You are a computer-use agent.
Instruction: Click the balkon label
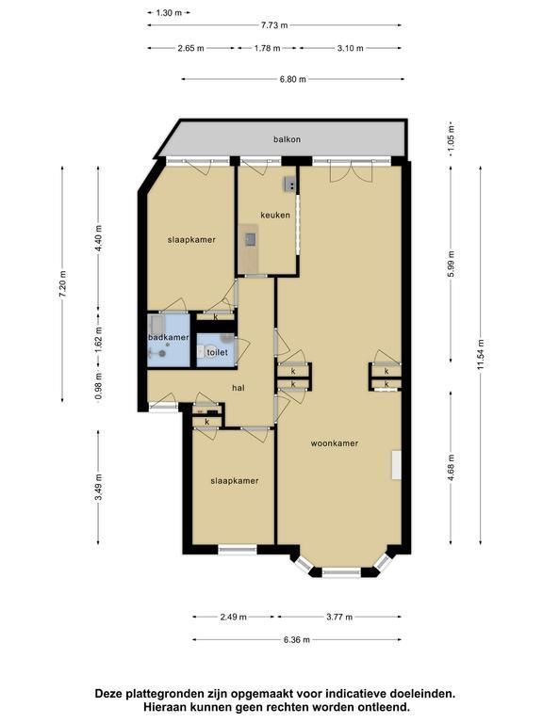(287, 139)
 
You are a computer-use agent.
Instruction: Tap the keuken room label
(275, 215)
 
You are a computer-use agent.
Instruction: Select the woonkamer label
(335, 443)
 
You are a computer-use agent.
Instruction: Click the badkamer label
(169, 338)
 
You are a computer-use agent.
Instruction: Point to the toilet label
(217, 352)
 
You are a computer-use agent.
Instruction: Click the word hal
(239, 388)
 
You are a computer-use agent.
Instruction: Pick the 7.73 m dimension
(274, 25)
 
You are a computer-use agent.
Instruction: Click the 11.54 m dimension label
(481, 355)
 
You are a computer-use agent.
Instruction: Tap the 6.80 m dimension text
(293, 79)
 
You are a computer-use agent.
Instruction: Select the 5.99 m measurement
(452, 264)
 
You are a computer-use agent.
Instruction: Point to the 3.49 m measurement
(98, 487)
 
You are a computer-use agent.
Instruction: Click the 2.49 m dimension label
(233, 617)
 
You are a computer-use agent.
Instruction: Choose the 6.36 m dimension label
(296, 640)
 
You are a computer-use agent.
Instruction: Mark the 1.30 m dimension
(169, 13)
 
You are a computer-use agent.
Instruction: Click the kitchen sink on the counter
(251, 239)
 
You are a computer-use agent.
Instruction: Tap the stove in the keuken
(290, 184)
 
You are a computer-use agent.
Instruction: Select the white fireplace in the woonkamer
(396, 465)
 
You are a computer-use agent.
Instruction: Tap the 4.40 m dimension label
(98, 238)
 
